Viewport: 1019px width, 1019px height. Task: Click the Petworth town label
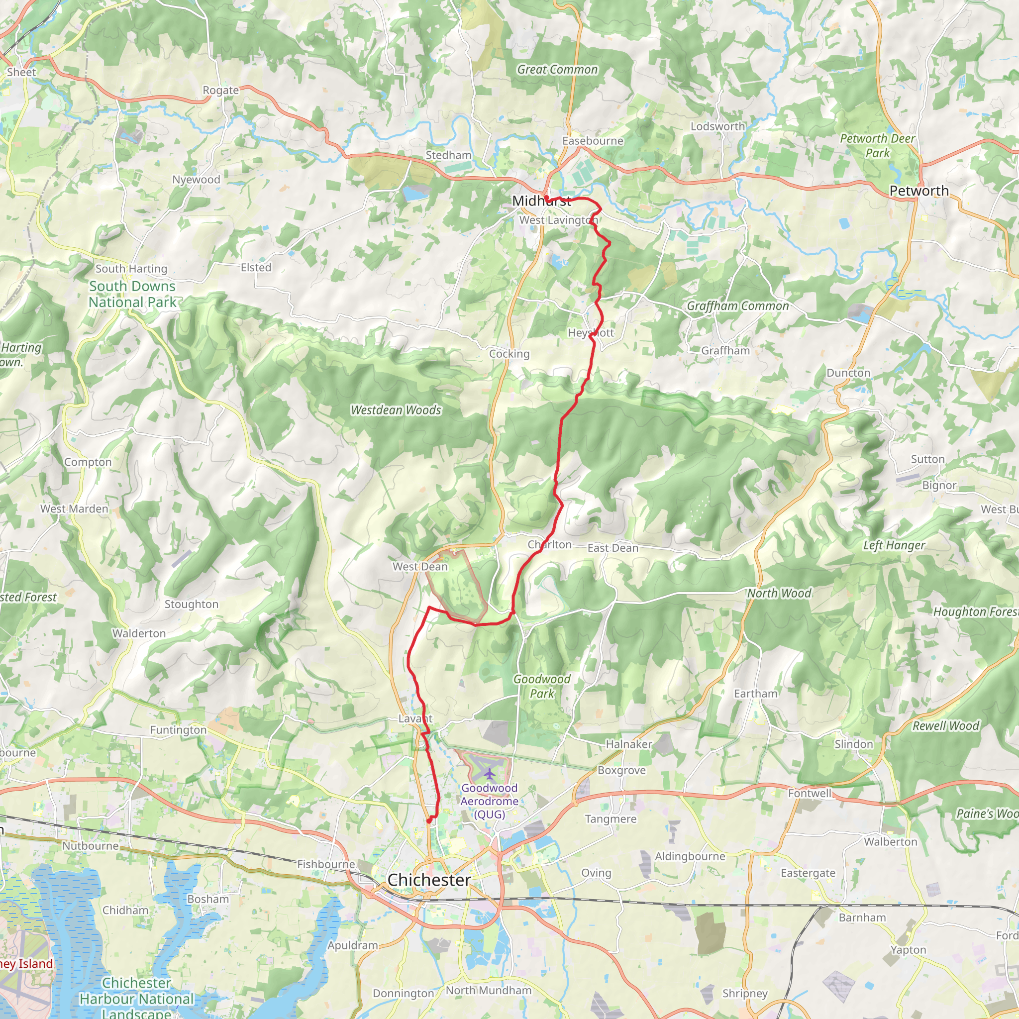919,191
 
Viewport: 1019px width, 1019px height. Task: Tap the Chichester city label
429,880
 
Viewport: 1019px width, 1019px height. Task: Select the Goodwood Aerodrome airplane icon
490,774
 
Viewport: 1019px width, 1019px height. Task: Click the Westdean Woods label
396,410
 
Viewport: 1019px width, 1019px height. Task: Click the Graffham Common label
737,306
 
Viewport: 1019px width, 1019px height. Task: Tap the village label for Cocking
509,354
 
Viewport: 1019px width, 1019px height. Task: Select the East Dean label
613,548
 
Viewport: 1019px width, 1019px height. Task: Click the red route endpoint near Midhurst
547,199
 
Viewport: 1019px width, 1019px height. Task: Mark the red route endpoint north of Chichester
430,820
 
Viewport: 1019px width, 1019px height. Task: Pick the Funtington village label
178,730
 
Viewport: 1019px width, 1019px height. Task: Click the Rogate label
220,90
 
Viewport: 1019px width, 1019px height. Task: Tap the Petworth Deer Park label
877,146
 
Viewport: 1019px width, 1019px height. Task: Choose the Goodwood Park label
542,686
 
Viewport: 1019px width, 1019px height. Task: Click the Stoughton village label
191,605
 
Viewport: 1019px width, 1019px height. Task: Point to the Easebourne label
592,141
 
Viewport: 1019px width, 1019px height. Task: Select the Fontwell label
810,793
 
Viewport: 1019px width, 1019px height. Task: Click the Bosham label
208,899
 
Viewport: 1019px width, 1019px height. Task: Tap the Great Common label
557,70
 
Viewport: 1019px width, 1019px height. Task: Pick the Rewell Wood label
946,726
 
